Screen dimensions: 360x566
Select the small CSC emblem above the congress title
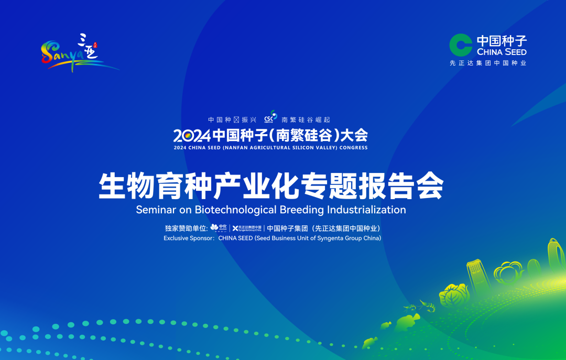(271, 117)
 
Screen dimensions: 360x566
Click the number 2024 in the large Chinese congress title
(192, 136)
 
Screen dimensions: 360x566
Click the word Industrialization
(366, 210)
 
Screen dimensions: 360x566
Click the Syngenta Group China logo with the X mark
(247, 228)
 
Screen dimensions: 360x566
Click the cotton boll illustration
(509, 272)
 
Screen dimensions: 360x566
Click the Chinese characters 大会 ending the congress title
(354, 136)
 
